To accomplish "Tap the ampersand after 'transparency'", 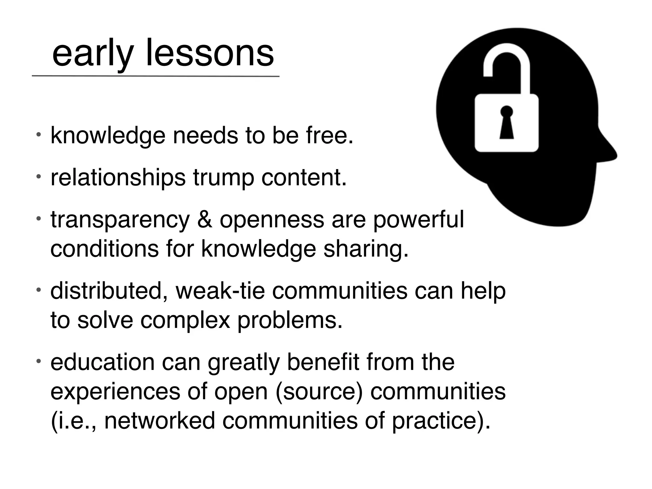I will pos(205,220).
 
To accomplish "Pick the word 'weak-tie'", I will pos(220,291).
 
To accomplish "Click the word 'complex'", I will pos(185,321).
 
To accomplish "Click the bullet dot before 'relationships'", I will pos(38,176).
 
